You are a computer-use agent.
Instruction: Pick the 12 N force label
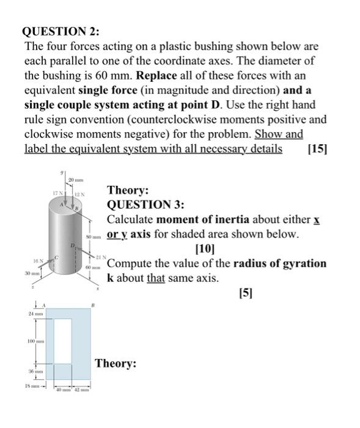[x=78, y=194]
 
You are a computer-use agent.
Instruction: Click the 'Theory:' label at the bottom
[x=116, y=364]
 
